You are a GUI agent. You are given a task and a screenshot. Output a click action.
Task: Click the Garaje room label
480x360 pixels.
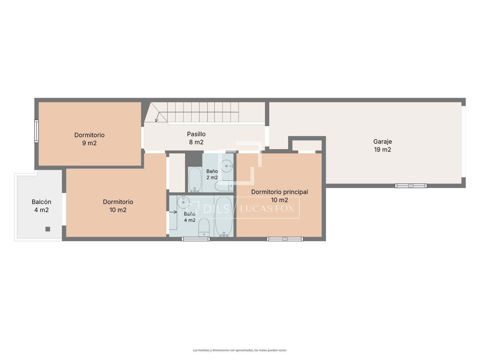[382, 142]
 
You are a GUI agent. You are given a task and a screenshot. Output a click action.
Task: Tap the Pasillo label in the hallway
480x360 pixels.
[196, 134]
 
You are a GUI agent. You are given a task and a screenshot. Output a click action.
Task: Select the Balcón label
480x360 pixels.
[41, 202]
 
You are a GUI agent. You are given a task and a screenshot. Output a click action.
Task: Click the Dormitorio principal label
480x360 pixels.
[279, 192]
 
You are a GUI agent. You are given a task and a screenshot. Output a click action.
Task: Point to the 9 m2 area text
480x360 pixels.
[89, 143]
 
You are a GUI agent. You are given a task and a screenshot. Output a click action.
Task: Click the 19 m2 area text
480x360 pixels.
[383, 149]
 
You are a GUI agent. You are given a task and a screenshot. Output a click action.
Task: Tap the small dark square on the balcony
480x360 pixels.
[48, 229]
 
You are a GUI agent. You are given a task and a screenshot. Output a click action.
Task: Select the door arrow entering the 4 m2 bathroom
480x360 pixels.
[173, 212]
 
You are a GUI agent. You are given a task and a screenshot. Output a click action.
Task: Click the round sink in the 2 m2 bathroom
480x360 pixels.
[226, 166]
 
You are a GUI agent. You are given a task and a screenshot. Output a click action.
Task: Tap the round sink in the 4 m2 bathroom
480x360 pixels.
[183, 202]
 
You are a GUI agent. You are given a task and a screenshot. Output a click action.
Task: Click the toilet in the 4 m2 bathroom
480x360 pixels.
[204, 227]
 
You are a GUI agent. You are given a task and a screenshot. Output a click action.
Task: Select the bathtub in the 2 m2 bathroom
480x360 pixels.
[195, 180]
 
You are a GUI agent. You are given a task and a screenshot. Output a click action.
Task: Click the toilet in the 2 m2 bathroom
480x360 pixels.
[224, 186]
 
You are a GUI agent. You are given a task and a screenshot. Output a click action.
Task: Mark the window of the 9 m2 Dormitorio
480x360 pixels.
[37, 131]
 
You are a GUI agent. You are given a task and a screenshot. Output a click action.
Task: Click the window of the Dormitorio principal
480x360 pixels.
[285, 239]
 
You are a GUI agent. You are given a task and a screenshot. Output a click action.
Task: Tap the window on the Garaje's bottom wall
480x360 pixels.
[411, 186]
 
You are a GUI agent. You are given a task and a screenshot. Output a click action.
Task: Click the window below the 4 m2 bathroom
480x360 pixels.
[195, 239]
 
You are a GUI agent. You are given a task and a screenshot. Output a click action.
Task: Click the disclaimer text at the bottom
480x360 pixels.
[240, 332]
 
